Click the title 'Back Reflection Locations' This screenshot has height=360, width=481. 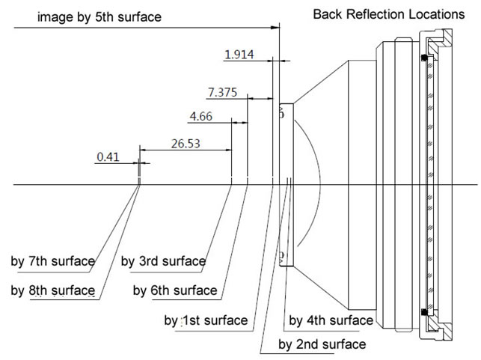(388, 14)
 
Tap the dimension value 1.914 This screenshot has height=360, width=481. (240, 54)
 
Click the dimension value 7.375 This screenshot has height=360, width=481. (222, 93)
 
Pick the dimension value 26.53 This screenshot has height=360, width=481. (185, 144)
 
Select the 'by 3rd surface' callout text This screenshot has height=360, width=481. (163, 261)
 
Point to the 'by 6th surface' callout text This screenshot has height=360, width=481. (175, 290)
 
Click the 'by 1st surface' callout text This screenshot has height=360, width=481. (206, 320)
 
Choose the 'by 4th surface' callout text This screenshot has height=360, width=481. (331, 320)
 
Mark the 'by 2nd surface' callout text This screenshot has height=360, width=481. (322, 344)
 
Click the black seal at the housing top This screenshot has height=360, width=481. (424, 58)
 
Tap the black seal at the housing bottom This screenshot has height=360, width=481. (424, 311)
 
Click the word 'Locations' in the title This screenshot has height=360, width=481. (435, 14)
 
